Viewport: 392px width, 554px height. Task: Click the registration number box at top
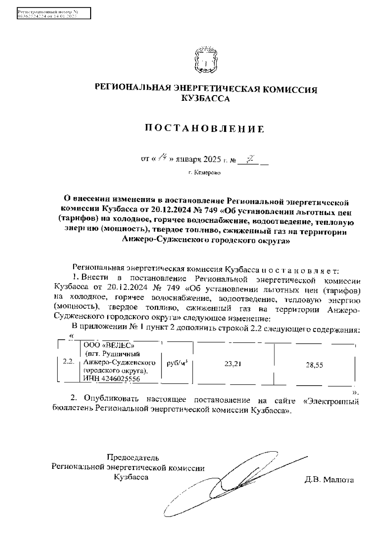(54, 14)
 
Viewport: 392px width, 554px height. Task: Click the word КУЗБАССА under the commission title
(205, 99)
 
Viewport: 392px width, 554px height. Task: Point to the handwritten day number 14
(162, 159)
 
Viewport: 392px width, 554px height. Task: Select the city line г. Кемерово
(204, 173)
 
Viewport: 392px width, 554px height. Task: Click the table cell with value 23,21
(233, 364)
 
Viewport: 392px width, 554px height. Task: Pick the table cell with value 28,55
(314, 365)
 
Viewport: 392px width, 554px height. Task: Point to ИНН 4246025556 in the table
(111, 379)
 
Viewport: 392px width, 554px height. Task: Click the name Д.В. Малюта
(329, 480)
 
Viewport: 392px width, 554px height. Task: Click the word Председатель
(133, 457)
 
